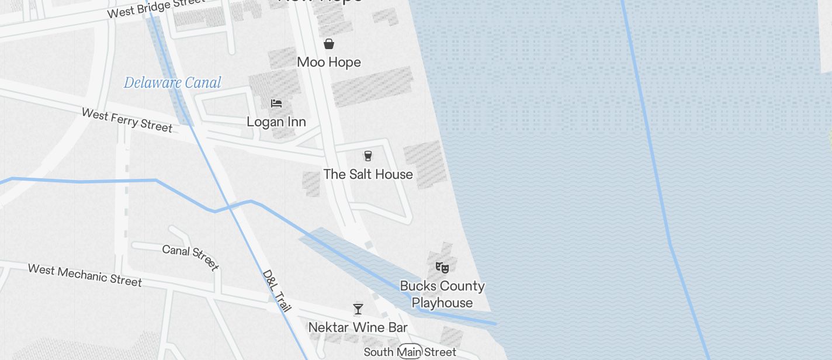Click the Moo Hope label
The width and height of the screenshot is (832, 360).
[329, 62]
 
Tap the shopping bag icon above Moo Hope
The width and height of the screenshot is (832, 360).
[329, 44]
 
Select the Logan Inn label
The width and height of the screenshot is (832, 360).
[276, 122]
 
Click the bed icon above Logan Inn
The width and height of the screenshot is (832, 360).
[276, 103]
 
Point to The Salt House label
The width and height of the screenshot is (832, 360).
[368, 174]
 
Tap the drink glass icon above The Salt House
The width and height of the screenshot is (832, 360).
[368, 155]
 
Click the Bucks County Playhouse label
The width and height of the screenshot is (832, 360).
[442, 294]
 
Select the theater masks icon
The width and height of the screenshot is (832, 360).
[442, 268]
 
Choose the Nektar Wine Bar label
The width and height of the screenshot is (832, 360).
[358, 327]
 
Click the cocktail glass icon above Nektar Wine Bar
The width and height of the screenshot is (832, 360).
[358, 309]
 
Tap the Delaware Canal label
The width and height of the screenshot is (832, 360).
[172, 82]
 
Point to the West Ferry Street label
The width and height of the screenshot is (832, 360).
[127, 120]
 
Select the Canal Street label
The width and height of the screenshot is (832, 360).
[190, 257]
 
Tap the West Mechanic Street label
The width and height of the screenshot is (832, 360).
[85, 275]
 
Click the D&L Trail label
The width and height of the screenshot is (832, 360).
[276, 290]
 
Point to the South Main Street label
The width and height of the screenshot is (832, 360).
[410, 352]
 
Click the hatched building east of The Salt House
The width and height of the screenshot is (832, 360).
[425, 164]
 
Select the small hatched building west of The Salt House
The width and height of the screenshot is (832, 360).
[311, 184]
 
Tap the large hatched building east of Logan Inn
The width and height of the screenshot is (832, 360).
[372, 86]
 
